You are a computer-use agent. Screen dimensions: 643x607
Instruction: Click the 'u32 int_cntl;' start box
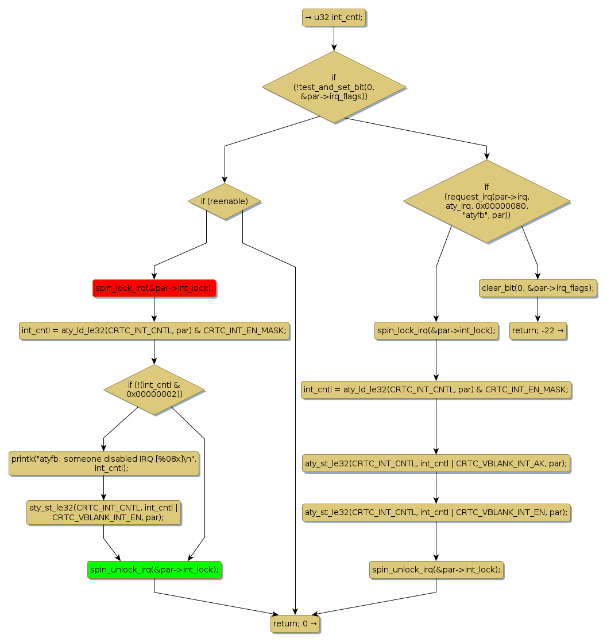(334, 18)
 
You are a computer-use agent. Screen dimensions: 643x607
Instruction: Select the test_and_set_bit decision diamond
(334, 87)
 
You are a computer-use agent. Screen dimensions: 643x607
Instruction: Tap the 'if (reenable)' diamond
(225, 201)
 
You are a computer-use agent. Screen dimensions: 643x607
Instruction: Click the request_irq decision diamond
(486, 201)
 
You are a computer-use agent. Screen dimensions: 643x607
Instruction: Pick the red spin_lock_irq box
(154, 288)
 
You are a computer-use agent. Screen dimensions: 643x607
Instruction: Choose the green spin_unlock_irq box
(154, 570)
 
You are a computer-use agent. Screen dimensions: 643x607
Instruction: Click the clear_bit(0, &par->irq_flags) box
(538, 288)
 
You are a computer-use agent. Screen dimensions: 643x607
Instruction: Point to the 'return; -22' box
(538, 330)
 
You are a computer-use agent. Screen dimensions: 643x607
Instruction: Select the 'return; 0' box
(295, 623)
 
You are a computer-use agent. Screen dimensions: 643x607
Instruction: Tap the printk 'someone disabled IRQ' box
(104, 463)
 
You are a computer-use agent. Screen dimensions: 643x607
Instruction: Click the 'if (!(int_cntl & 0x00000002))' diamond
(154, 389)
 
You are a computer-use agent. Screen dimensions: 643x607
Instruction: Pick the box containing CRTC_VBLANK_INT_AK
(436, 463)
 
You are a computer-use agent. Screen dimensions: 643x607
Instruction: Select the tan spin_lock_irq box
(436, 330)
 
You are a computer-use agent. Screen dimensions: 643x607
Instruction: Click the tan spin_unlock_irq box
(436, 570)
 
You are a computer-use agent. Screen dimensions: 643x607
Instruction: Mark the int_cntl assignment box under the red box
(154, 330)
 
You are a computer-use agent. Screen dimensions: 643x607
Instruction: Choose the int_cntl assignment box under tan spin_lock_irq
(436, 390)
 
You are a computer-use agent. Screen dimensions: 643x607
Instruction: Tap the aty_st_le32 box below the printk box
(104, 512)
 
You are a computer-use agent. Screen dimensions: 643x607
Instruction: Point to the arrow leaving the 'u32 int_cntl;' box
(334, 38)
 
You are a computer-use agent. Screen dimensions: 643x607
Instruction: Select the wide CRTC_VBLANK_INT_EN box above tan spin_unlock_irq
(436, 512)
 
